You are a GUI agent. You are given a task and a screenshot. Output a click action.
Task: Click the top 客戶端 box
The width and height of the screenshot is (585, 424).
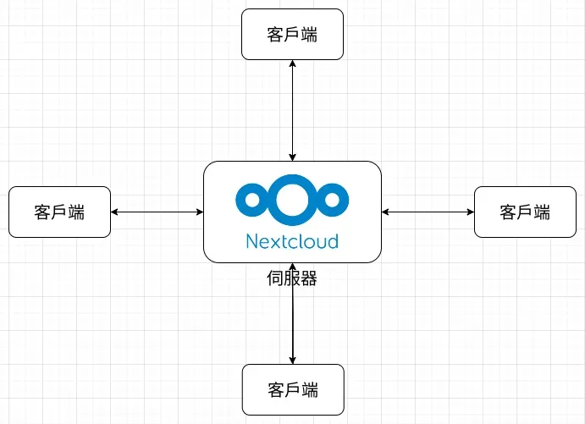point(292,34)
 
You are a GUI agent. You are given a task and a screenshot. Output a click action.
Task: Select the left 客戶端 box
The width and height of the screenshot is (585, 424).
point(59,212)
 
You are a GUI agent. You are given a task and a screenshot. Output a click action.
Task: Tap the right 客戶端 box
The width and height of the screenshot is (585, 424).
point(525,212)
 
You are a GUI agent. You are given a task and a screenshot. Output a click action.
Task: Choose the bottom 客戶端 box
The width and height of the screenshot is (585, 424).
point(293,389)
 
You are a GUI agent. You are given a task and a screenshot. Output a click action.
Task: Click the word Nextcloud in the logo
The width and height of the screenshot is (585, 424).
point(292,241)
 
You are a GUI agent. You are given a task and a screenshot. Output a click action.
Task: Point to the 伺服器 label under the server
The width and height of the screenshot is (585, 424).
point(292,278)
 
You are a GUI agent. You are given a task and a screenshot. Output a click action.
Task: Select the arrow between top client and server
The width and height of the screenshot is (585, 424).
point(292,110)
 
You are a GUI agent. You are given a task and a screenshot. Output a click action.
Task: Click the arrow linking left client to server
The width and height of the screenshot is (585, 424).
point(157,212)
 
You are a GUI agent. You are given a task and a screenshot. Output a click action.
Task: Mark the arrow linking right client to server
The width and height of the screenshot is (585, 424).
point(428,212)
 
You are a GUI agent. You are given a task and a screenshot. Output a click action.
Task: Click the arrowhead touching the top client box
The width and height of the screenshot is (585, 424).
point(292,64)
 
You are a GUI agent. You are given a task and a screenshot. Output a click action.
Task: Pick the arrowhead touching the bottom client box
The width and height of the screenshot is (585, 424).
point(293,360)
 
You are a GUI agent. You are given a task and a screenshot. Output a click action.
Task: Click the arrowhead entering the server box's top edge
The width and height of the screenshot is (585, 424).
point(292,157)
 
